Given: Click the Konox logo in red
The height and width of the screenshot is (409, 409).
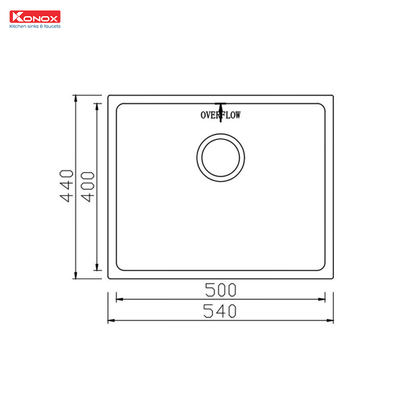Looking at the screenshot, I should (35, 17).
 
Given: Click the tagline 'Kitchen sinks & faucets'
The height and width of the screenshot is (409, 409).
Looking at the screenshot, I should (35, 26).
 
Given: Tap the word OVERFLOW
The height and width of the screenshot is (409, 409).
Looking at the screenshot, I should (220, 115).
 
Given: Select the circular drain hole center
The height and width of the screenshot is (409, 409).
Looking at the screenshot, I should (220, 158).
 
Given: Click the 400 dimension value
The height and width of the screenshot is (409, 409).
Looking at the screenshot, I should (88, 186).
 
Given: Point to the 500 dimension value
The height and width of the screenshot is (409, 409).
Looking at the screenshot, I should (220, 289).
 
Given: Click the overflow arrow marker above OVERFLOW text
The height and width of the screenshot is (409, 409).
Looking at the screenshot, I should (220, 106).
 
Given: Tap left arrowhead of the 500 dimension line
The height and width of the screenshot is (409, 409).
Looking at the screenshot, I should (119, 299).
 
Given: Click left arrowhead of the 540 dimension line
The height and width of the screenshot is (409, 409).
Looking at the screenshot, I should (110, 321).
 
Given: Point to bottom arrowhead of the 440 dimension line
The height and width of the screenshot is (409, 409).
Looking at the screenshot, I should (75, 276).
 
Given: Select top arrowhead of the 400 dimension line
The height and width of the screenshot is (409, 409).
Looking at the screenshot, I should (96, 106).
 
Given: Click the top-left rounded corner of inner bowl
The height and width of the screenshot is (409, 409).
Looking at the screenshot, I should (119, 106).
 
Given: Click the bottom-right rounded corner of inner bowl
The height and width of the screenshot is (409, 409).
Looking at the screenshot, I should (323, 268).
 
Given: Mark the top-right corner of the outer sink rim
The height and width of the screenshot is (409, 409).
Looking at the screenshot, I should (333, 95).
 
